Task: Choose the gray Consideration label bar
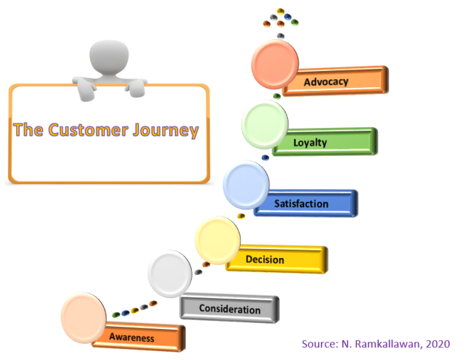point(230,309)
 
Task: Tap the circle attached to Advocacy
point(275,65)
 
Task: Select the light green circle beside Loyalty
point(265,124)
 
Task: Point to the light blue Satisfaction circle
point(246,185)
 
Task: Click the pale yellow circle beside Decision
point(218,240)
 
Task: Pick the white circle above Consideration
point(170,274)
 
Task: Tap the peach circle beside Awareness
point(84,318)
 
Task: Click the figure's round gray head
point(109,57)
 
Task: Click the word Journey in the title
point(166,131)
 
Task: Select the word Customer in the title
point(89,130)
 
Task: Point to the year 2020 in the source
point(438,344)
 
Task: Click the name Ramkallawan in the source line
point(388,344)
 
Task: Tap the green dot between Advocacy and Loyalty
point(277,96)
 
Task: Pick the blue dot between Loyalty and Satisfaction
point(266,157)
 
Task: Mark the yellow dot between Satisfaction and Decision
point(242,216)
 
